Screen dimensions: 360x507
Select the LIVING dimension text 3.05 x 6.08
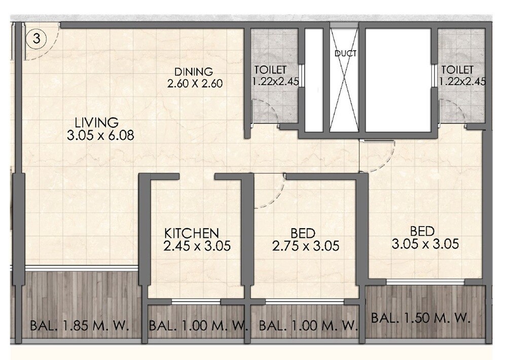tap(100, 135)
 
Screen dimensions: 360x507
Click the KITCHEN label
tap(192, 233)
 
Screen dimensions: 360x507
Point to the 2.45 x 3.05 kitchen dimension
tap(197, 246)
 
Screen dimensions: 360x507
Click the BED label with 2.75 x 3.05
tap(303, 233)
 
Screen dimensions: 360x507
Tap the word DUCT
tap(345, 53)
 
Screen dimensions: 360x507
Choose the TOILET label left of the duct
tap(270, 69)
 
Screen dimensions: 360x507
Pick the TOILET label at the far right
tap(457, 69)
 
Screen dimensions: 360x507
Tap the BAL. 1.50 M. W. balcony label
tap(421, 319)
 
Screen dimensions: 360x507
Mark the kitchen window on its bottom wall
tap(196, 302)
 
